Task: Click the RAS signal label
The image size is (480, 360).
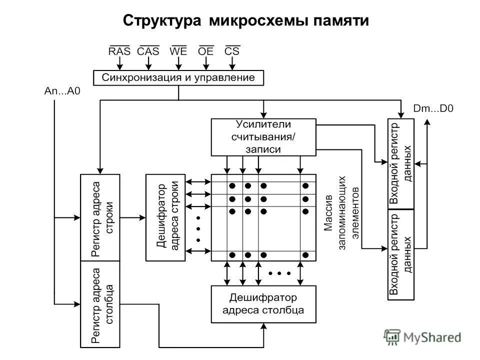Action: pos(119,51)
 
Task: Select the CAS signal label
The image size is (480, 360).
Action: pos(148,51)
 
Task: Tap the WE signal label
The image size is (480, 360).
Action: pos(178,51)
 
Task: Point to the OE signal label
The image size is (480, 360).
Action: pos(205,51)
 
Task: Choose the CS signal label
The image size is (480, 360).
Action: pos(232,51)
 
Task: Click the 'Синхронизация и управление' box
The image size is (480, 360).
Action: pos(178,77)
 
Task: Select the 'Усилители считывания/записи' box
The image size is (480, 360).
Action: pos(263,136)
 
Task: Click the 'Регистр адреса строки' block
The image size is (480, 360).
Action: pos(100,217)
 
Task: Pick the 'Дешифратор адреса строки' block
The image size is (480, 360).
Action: pos(165,217)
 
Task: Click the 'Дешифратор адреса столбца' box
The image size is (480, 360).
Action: pos(263,303)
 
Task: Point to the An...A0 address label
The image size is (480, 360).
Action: pos(62,91)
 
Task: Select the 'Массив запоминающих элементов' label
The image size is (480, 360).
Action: pos(341,210)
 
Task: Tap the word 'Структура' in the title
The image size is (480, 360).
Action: pos(162,20)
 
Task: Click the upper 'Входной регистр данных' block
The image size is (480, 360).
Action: pos(401,163)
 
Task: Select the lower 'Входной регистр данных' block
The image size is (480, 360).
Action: pos(401,254)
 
